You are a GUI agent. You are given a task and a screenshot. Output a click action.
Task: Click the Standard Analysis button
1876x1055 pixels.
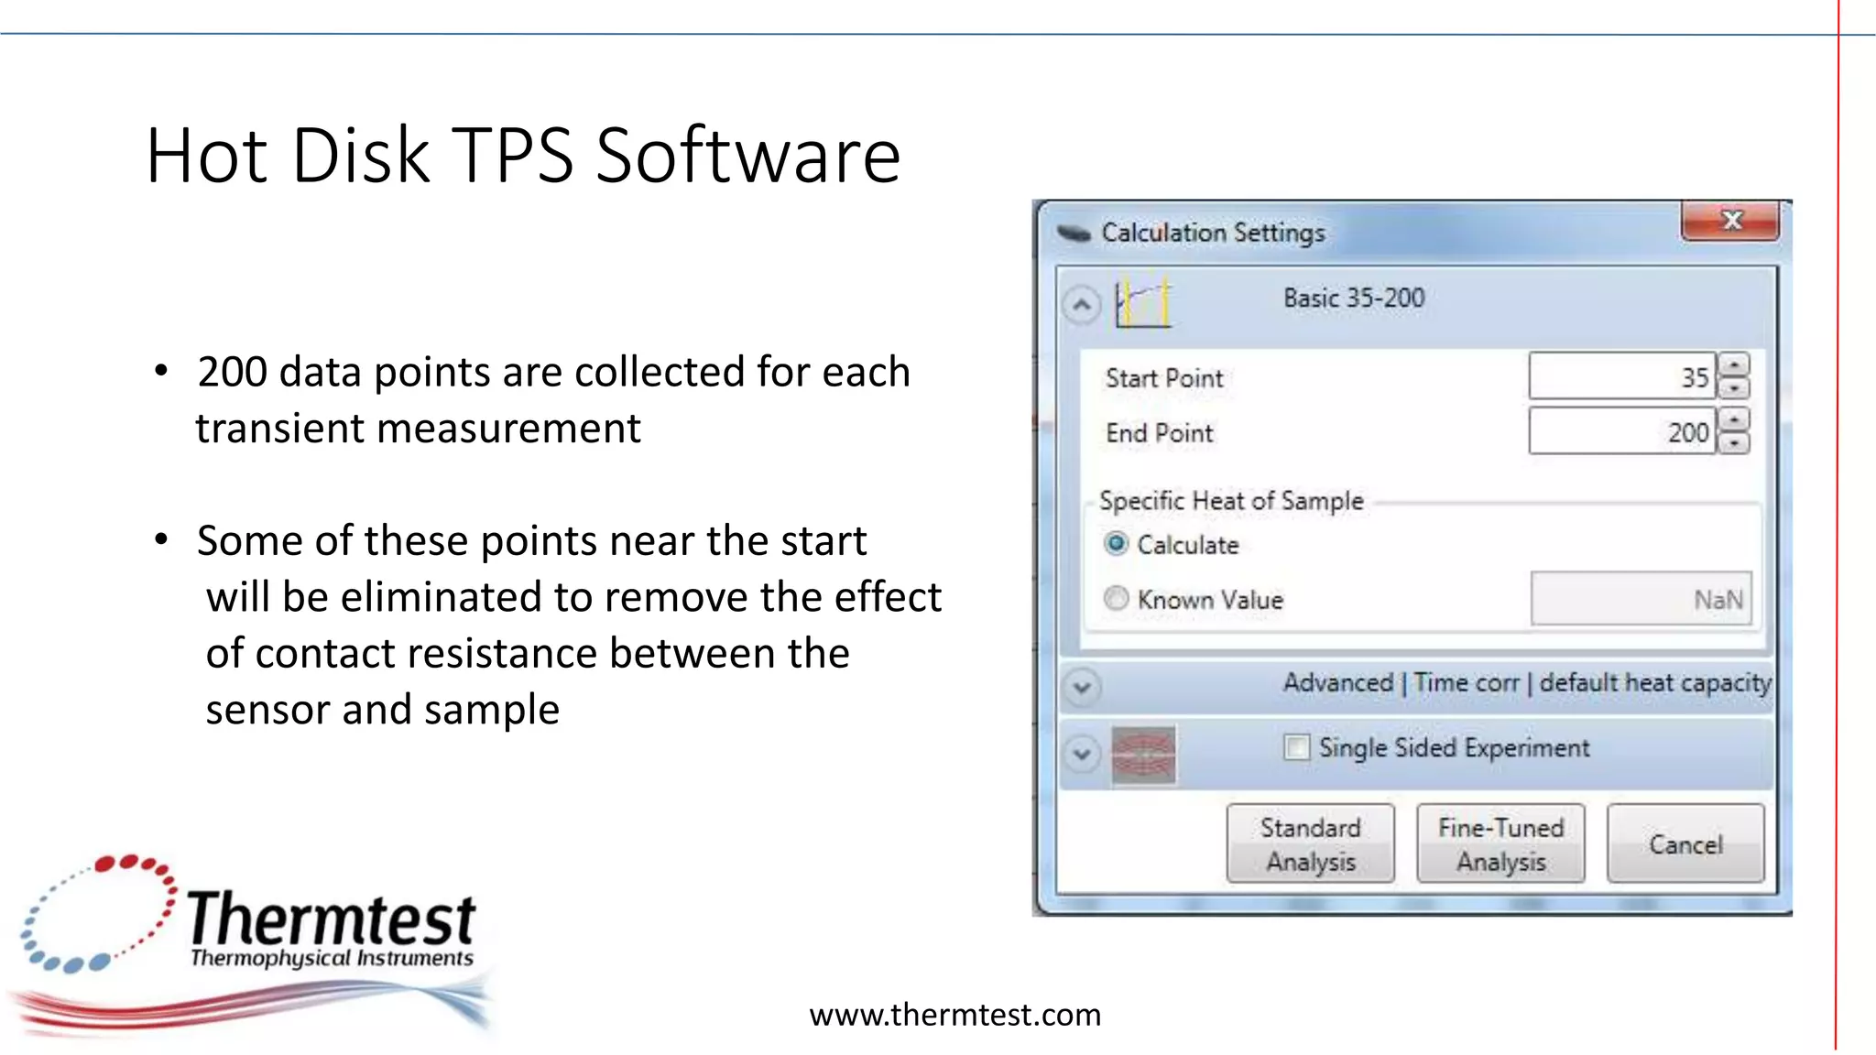click(1310, 843)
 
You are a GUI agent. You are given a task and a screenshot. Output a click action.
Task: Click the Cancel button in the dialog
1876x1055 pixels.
click(1685, 843)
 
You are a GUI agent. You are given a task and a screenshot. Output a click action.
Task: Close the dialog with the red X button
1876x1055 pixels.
click(1730, 221)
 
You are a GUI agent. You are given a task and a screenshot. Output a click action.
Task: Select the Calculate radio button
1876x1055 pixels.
click(1116, 544)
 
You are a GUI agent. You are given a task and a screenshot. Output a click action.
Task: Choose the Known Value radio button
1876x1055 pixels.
click(1116, 599)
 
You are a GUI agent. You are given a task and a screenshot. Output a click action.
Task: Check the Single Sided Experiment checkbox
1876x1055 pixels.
click(1296, 747)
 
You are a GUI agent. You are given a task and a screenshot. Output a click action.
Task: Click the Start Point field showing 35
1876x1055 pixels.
click(1621, 376)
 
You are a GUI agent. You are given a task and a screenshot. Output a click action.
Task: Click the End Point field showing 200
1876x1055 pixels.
click(1621, 431)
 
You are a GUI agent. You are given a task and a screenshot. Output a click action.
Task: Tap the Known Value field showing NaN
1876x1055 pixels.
click(1641, 599)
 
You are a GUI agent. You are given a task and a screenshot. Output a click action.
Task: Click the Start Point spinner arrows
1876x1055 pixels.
click(1734, 376)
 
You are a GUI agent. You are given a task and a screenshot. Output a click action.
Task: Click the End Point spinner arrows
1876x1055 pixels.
click(1734, 431)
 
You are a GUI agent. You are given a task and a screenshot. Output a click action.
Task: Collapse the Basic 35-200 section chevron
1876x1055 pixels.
click(1082, 304)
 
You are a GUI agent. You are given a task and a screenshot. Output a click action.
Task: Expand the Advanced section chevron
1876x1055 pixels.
click(1082, 686)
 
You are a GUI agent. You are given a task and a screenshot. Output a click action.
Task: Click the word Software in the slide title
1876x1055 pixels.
click(748, 156)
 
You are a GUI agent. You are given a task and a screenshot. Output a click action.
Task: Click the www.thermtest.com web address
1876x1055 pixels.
click(954, 1015)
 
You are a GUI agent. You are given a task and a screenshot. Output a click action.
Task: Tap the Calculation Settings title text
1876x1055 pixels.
click(1213, 233)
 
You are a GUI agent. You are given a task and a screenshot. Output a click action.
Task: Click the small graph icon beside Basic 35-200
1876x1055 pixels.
click(1142, 302)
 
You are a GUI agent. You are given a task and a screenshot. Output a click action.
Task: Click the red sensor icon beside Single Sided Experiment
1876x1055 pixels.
click(1142, 755)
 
